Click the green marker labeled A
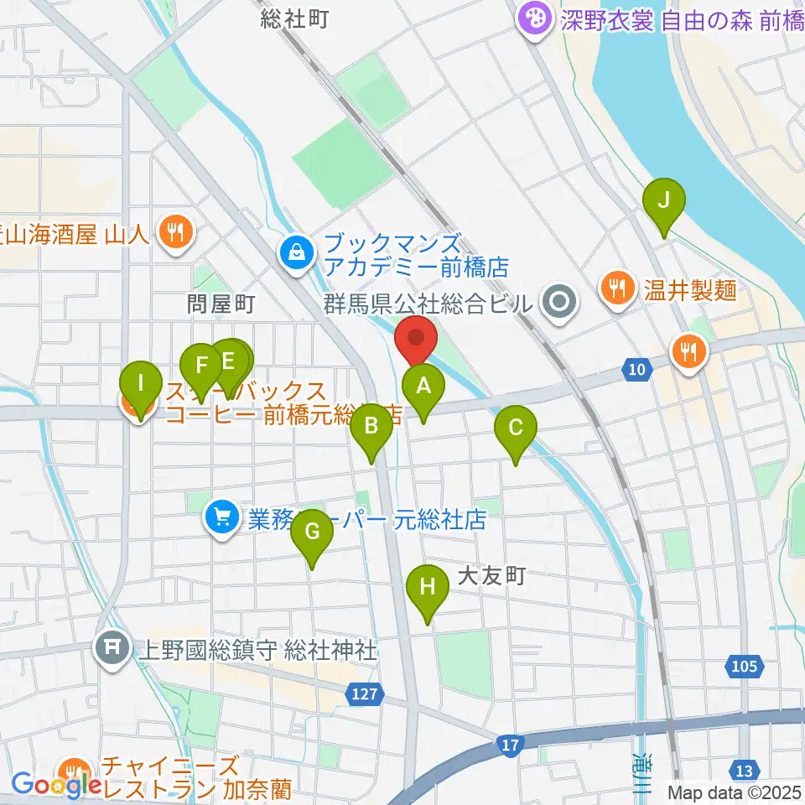(423, 387)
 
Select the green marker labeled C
(516, 428)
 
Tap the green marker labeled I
(140, 386)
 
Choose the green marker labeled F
(201, 366)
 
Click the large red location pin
(417, 339)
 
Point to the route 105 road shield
(742, 667)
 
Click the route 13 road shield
(743, 770)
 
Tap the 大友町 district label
(491, 575)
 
